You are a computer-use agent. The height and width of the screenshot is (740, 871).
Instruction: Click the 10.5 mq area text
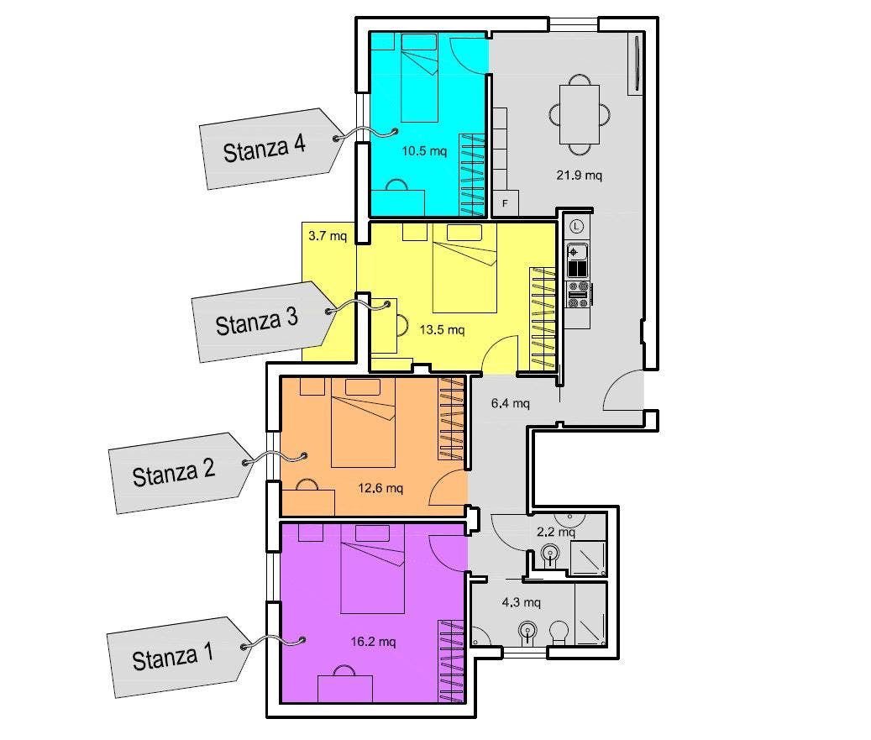pyautogui.click(x=424, y=151)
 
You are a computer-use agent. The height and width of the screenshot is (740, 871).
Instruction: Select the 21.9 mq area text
pyautogui.click(x=580, y=176)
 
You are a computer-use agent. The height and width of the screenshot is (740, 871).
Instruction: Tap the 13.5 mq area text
pyautogui.click(x=442, y=330)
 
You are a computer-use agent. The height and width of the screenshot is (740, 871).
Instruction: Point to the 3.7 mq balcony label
pyautogui.click(x=328, y=236)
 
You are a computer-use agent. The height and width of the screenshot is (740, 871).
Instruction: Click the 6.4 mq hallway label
pyautogui.click(x=511, y=403)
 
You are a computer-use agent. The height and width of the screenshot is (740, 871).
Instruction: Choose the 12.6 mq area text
pyautogui.click(x=380, y=488)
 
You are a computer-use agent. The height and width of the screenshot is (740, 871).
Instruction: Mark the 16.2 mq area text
pyautogui.click(x=373, y=643)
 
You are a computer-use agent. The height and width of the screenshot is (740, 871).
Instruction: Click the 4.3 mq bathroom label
pyautogui.click(x=521, y=602)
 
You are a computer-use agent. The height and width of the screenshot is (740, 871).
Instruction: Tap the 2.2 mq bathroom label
pyautogui.click(x=556, y=533)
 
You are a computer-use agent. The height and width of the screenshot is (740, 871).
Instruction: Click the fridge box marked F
pyautogui.click(x=506, y=203)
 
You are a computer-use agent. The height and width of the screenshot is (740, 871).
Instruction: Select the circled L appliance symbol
pyautogui.click(x=577, y=226)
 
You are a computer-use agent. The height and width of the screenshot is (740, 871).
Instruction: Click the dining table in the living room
pyautogui.click(x=580, y=114)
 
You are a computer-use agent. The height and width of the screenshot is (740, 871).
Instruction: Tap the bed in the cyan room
pyautogui.click(x=420, y=77)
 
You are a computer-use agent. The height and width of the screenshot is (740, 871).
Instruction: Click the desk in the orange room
pyautogui.click(x=308, y=503)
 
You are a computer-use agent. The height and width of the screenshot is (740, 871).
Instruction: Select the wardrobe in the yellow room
pyautogui.click(x=543, y=319)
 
